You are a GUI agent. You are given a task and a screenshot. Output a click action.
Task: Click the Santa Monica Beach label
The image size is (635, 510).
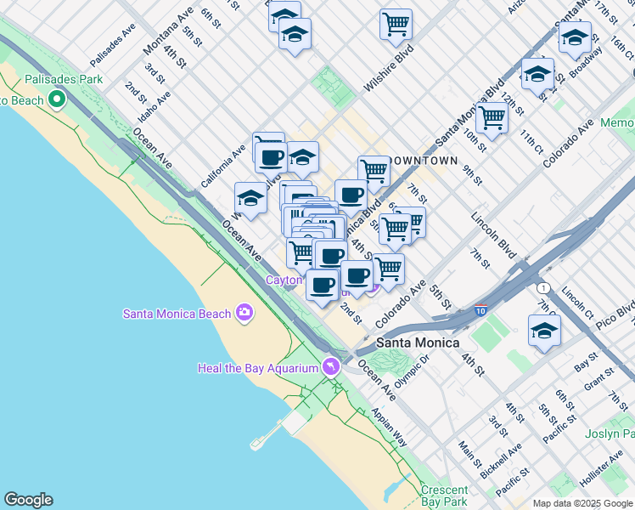(177, 314)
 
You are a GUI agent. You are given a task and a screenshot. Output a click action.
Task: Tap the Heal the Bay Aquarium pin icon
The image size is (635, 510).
(331, 367)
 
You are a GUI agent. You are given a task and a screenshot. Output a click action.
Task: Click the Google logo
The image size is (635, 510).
(28, 500)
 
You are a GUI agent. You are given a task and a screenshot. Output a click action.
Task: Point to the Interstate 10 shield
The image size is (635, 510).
(481, 311)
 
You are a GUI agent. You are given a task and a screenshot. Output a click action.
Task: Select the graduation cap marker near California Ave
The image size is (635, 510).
(250, 198)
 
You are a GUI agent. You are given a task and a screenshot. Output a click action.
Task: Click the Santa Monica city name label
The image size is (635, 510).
(418, 343)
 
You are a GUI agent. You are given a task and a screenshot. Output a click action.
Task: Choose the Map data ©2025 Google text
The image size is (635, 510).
(582, 503)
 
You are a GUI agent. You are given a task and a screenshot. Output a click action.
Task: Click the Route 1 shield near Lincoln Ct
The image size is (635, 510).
(543, 287)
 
